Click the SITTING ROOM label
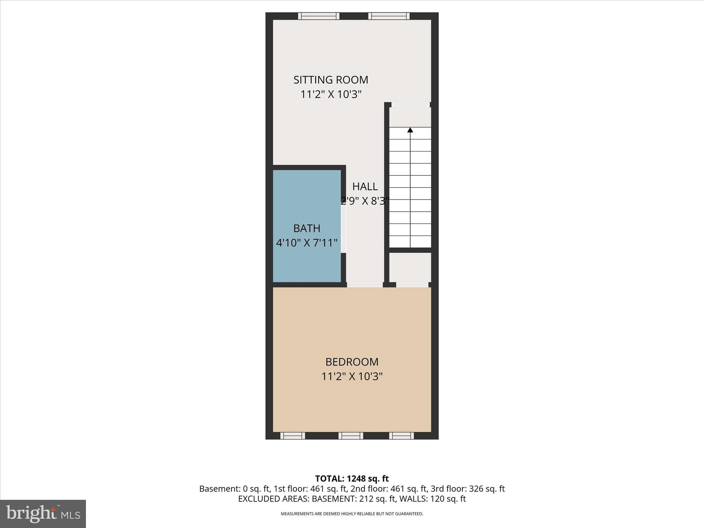(331, 80)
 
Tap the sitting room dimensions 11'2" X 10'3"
(331, 94)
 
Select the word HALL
(365, 187)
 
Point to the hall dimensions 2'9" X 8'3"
(365, 201)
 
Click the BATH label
(307, 228)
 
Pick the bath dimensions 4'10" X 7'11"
(307, 243)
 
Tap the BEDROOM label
(352, 362)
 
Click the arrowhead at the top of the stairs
(410, 130)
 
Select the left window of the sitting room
(319, 16)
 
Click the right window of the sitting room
(389, 16)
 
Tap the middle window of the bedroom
(351, 436)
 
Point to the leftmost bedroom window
(293, 436)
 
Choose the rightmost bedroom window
(401, 436)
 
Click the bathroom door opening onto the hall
(343, 233)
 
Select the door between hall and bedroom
(365, 285)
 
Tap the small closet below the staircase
(410, 267)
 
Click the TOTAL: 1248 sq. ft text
(352, 478)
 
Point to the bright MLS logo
(43, 514)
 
